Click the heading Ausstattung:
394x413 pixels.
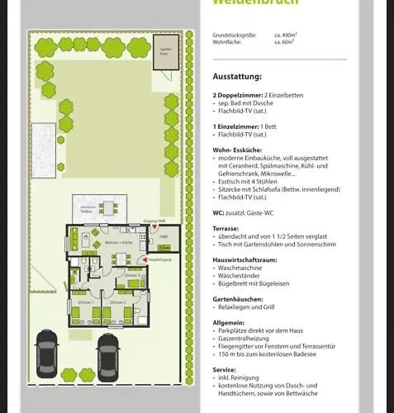click(x=236, y=76)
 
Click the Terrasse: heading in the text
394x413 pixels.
click(x=225, y=227)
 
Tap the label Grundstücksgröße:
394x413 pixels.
click(x=233, y=36)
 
